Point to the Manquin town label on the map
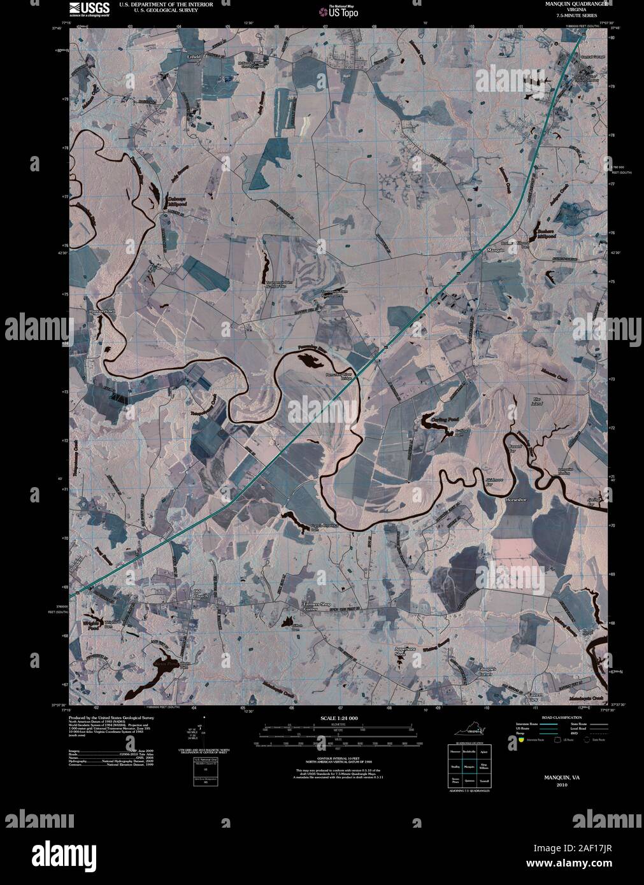(x=496, y=251)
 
